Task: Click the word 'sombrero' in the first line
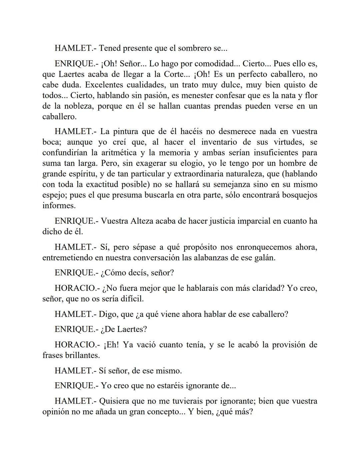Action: click(x=194, y=48)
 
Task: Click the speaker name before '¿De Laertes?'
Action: click(x=76, y=330)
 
